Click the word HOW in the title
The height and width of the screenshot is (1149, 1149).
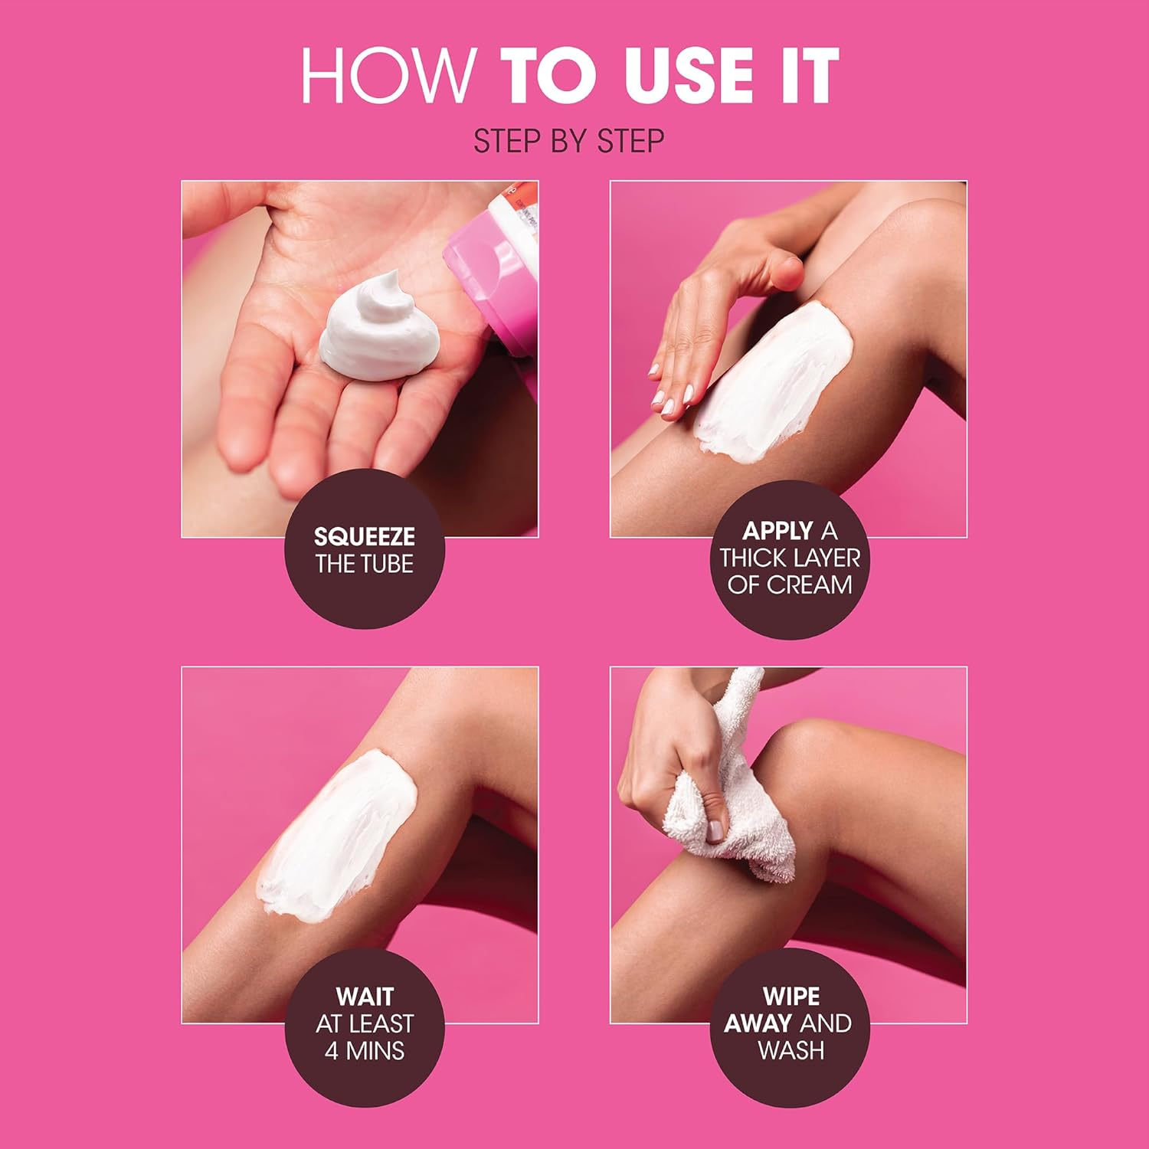(387, 75)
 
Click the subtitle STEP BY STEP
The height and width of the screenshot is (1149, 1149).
(568, 142)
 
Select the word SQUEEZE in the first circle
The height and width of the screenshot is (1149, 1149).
(365, 536)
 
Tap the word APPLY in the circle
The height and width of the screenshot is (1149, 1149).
(777, 531)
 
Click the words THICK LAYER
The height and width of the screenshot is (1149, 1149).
(790, 558)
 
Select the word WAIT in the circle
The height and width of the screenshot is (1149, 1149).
(365, 997)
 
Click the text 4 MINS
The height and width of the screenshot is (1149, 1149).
(365, 1050)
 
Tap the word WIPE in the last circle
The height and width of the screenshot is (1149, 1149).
(791, 997)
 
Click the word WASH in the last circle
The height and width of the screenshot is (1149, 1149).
(791, 1050)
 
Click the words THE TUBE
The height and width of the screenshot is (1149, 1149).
(365, 565)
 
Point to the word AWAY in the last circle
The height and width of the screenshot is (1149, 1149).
(758, 1023)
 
